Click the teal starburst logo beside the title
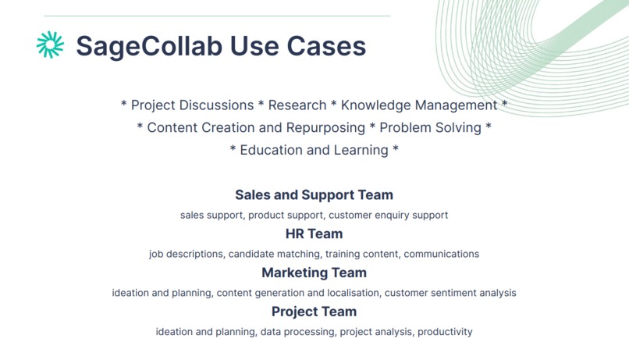click(50, 45)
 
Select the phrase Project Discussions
click(192, 105)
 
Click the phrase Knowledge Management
click(419, 105)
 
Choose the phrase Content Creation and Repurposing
click(256, 127)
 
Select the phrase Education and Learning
click(314, 150)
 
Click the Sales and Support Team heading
click(314, 194)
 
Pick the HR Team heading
click(314, 233)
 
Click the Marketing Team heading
click(314, 273)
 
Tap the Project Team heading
click(314, 312)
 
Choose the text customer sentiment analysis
click(450, 293)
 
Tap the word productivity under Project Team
click(445, 332)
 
